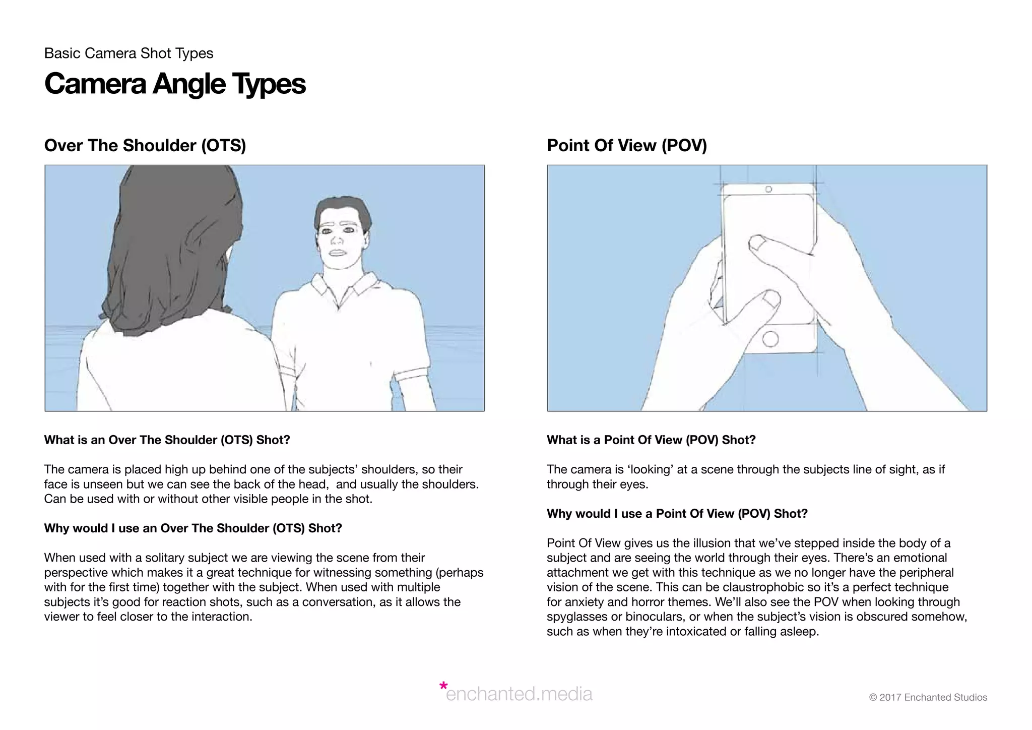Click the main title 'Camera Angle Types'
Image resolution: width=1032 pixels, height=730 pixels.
[175, 84]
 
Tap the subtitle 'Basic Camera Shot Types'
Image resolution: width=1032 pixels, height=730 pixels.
[128, 53]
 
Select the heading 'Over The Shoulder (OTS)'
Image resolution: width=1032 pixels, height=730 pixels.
[145, 146]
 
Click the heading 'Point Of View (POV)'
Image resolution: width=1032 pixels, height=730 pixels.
[626, 146]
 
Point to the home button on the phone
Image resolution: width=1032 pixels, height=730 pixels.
[770, 338]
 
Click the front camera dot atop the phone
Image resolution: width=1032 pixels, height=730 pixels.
[768, 190]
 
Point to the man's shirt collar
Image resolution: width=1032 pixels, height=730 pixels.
[343, 287]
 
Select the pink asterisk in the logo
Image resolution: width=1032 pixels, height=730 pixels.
[443, 686]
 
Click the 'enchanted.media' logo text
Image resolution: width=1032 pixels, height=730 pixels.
[519, 694]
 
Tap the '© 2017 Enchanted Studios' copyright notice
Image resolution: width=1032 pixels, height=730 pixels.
[928, 698]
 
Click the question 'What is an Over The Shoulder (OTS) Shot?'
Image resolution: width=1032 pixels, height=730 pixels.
[167, 440]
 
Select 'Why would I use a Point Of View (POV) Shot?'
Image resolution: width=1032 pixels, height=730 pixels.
[677, 514]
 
